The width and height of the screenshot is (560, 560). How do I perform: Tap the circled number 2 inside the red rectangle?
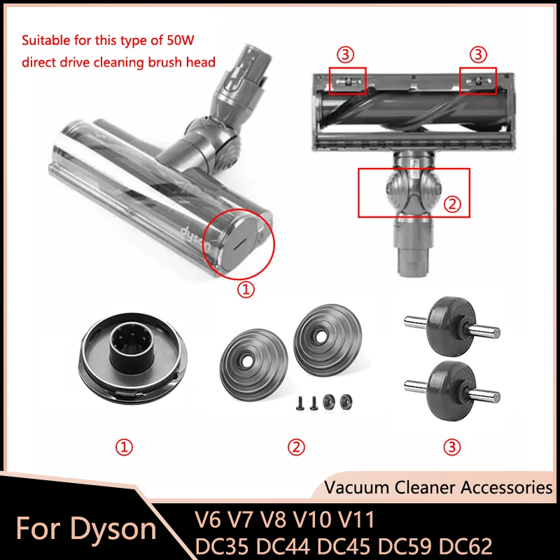pos(453,205)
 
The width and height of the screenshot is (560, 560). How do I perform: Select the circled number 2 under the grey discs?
pos(298,446)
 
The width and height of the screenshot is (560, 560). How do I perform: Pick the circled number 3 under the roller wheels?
pos(452,446)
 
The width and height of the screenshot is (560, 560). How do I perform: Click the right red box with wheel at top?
pos(477,80)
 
